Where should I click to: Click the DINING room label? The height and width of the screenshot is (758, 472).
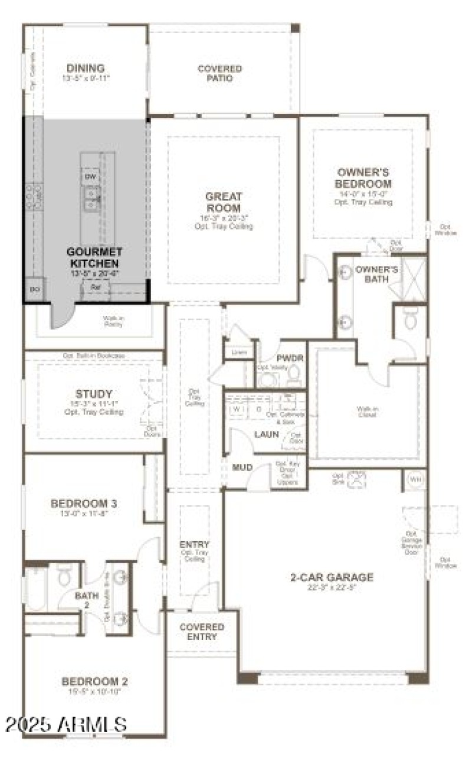pos(86,68)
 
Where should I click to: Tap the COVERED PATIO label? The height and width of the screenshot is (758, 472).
pos(219,73)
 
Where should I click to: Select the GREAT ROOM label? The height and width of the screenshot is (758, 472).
pos(223,202)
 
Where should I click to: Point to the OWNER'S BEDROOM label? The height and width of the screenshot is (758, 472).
pos(363,178)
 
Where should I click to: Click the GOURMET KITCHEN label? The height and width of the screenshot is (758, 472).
pos(94,257)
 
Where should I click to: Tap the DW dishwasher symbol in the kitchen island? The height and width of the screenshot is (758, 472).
pos(90,177)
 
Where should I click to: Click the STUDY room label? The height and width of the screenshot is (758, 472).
pos(94,394)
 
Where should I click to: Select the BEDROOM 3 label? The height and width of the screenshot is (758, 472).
pos(83,504)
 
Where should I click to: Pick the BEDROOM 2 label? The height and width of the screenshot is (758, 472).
pos(94,682)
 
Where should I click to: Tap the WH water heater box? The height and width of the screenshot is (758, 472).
pos(415,479)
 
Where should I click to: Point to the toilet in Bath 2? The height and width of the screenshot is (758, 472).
pos(65,576)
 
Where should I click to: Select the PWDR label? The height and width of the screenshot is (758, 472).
pos(289,358)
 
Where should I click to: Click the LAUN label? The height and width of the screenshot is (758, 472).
pos(266,434)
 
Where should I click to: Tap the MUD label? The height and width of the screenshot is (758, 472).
pos(242,468)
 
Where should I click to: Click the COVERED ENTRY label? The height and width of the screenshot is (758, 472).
pos(202,631)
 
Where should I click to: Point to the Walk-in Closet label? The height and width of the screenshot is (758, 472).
pos(366,411)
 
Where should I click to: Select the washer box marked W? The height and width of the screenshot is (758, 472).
pos(237,409)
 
